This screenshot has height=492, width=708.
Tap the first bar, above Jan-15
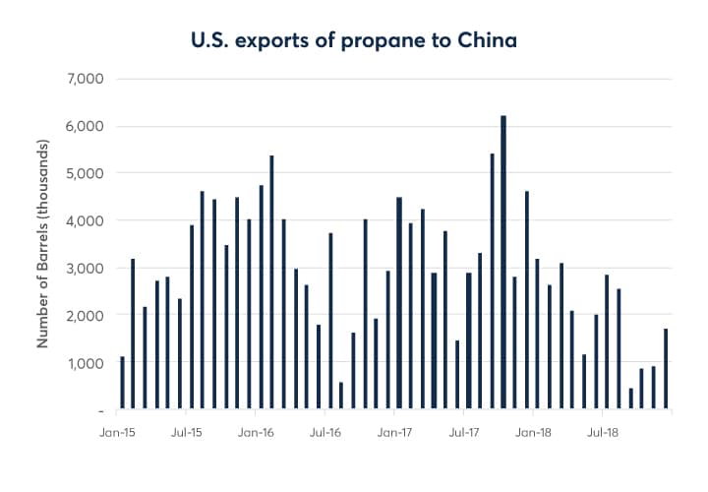click(122, 383)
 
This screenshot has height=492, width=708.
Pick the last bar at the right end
click(666, 369)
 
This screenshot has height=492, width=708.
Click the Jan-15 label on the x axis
click(117, 431)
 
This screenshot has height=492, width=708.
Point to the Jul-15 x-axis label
click(187, 431)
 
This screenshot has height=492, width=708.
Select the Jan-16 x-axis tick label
click(256, 431)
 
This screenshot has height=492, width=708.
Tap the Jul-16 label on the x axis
click(325, 431)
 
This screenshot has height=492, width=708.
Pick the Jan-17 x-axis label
click(393, 431)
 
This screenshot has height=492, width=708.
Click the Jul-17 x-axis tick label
click(463, 431)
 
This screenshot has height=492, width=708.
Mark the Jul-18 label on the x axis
click(602, 431)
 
